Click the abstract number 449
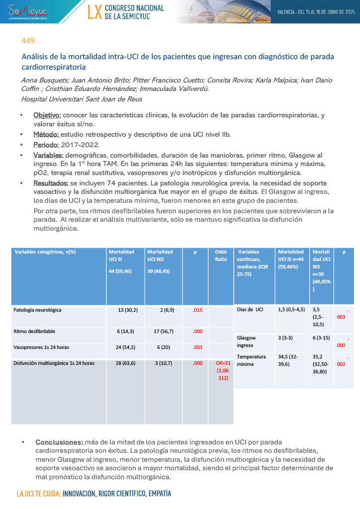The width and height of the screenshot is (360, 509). tap(28, 41)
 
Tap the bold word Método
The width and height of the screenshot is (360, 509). tap(45, 134)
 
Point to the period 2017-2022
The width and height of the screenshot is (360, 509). tap(80, 145)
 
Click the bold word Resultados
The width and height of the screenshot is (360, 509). tap(50, 183)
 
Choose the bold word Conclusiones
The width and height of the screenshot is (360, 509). tap(60, 442)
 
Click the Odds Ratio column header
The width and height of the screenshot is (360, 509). tap(221, 255)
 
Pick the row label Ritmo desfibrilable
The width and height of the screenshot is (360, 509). tap(34, 331)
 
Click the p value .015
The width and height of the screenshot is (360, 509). tap(197, 310)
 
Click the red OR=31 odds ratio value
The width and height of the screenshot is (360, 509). tap(221, 370)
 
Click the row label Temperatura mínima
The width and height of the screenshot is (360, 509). tap(251, 360)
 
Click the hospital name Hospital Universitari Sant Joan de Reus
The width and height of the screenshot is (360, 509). tap(82, 99)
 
